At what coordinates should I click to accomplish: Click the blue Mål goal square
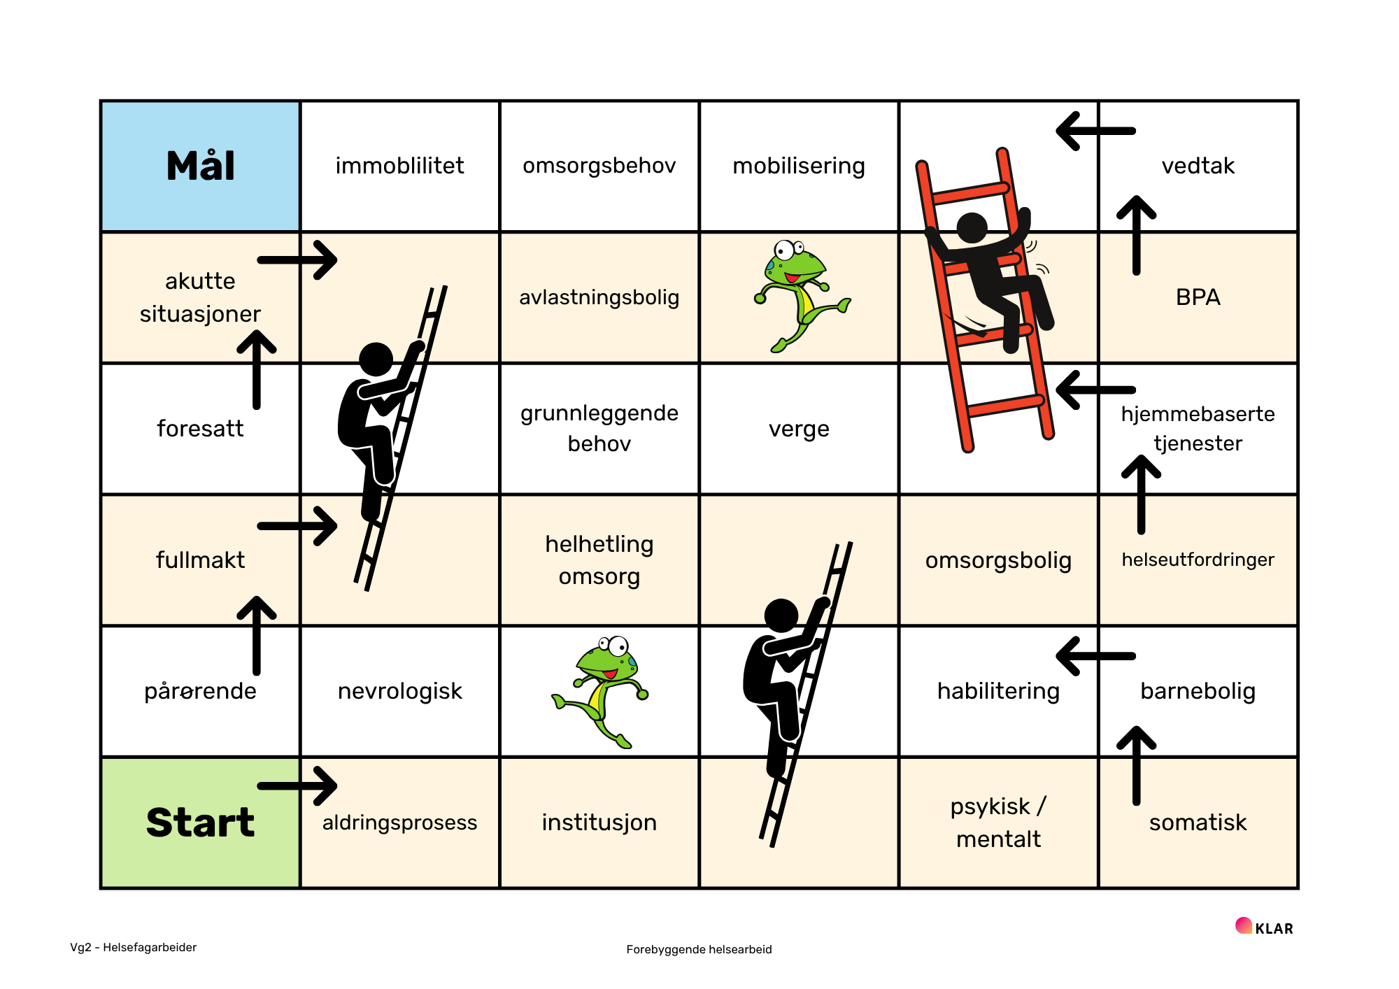pos(200,166)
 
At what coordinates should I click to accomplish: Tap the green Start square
pos(200,823)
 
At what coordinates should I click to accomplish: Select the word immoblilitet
pos(399,166)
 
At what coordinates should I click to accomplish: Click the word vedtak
pos(1198,166)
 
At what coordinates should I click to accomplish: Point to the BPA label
pos(1198,297)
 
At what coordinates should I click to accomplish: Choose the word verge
pos(799,429)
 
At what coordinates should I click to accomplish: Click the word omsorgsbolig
pos(998,560)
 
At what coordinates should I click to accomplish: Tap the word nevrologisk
pos(399,691)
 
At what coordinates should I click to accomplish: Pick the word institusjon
pos(599,823)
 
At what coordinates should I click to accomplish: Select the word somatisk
pos(1198,823)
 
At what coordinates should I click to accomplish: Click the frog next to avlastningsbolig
pos(802,295)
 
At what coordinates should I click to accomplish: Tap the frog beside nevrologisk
pos(600,691)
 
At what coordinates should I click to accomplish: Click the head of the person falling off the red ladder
pos(972,228)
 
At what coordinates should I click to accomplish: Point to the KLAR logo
pos(1264,927)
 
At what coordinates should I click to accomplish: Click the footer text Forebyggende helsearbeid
pos(699,949)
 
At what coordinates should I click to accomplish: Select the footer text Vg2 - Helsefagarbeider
pos(133,947)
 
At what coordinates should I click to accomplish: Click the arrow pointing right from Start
pos(297,786)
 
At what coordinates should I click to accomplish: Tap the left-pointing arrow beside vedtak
pos(1095,131)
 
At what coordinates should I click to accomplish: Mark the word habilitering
pos(998,691)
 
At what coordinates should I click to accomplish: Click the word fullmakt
pos(200,560)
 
